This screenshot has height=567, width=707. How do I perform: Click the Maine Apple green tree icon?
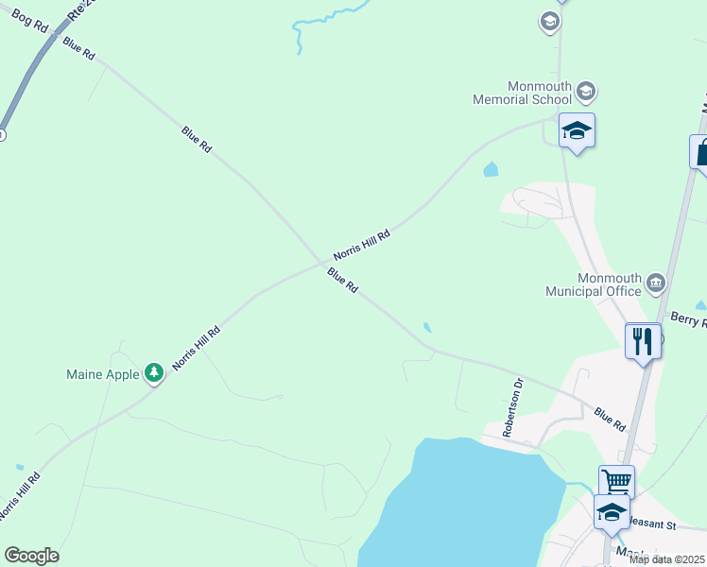coord(153,373)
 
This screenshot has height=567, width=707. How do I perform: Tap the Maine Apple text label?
coord(102,374)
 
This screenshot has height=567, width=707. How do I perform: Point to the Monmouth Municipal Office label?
coord(594,284)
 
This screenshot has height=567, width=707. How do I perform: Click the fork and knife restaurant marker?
coord(643,340)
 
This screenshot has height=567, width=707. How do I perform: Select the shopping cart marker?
coord(615,481)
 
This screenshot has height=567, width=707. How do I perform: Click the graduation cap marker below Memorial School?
coord(576,130)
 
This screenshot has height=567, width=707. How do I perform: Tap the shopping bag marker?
coord(701,152)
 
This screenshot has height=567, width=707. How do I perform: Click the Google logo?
coord(31,556)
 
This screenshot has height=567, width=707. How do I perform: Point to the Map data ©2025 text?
coord(667,559)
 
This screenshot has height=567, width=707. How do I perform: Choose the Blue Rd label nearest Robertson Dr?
coord(610,420)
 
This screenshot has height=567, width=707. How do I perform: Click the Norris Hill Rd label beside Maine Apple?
coord(197,348)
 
